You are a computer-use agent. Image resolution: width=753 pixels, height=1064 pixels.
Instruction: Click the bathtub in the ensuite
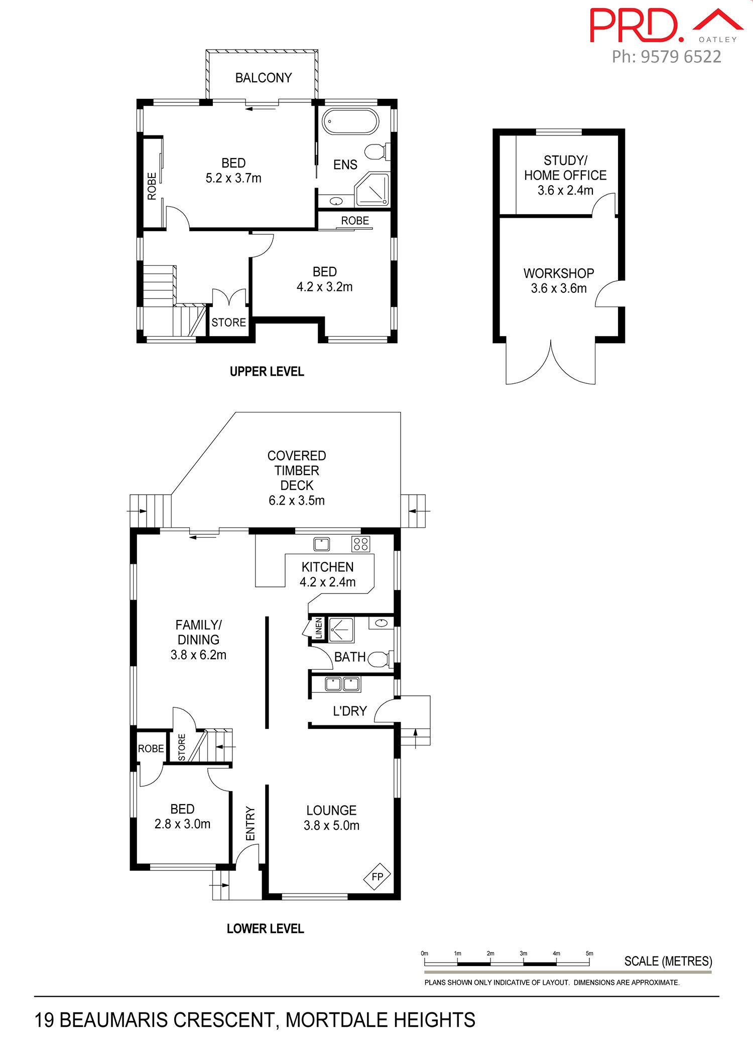coord(349,121)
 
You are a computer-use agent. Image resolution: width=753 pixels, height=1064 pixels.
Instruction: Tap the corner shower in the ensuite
coord(372,190)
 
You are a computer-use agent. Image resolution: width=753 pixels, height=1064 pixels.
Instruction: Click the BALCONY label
coord(264,78)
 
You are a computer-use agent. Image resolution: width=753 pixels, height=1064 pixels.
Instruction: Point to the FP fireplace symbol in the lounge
coord(377,876)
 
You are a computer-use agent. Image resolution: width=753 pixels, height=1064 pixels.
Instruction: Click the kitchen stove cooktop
coord(360,544)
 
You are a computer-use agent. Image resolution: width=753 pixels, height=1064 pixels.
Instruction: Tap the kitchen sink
coord(321,544)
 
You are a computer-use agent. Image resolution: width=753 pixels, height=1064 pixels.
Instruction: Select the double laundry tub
coord(342,683)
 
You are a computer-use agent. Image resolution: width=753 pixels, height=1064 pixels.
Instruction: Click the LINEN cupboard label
coord(318,628)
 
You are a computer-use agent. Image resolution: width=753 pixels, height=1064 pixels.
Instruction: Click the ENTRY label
coord(250,824)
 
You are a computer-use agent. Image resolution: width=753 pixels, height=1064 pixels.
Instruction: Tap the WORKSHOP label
coord(559,273)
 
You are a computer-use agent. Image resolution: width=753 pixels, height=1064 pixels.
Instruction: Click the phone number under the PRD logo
coord(666,57)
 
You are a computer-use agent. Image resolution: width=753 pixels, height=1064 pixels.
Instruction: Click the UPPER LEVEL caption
coord(267,372)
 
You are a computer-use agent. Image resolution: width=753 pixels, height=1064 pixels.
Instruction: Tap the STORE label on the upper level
coord(229,323)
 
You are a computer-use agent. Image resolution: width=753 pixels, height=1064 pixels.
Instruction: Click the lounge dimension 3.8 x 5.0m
coord(331,825)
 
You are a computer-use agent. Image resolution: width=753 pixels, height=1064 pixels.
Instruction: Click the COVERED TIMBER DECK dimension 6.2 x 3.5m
coord(297,500)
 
